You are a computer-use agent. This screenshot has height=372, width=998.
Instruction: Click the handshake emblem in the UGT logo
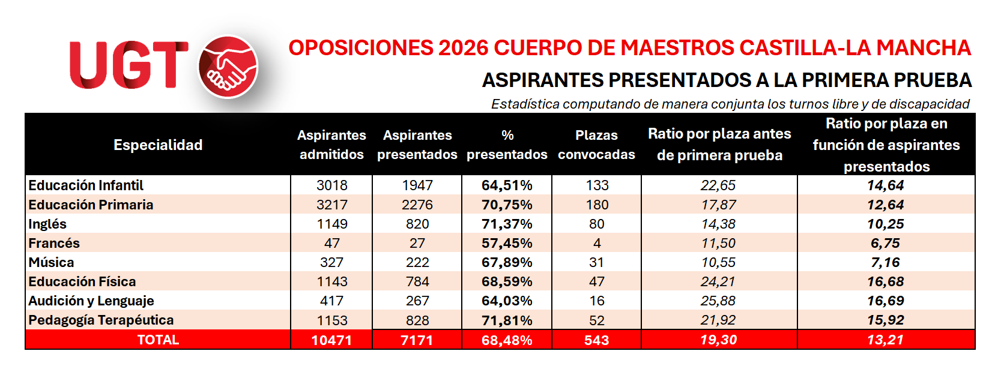[x=228, y=67]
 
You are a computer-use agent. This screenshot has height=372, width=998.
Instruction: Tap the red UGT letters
[x=129, y=65]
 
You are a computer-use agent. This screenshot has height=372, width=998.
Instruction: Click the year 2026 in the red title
[x=464, y=48]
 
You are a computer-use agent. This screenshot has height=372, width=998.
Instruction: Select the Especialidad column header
[x=158, y=145]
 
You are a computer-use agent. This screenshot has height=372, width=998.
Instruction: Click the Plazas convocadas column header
[x=596, y=145]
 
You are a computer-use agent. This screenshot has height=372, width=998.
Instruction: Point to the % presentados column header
[x=507, y=145]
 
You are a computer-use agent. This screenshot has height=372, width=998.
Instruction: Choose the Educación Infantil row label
[x=86, y=185]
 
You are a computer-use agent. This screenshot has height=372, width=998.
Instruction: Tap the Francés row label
[x=54, y=243]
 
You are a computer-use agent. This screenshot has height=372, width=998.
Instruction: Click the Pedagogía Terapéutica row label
[x=101, y=320]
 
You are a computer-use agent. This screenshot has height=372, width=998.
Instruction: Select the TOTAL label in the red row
[x=158, y=340]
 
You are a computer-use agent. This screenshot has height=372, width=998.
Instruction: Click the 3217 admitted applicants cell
[x=332, y=205]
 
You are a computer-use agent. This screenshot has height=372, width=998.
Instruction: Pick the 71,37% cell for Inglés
[x=507, y=224]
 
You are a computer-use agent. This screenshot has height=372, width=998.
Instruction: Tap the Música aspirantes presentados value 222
[x=417, y=263]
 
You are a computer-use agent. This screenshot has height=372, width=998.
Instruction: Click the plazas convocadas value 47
[x=597, y=281]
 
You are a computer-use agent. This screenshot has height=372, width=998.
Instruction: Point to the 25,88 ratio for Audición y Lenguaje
[x=718, y=301]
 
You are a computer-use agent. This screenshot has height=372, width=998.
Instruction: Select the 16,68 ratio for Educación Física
[x=886, y=281]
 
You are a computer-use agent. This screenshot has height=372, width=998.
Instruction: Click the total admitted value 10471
[x=332, y=340]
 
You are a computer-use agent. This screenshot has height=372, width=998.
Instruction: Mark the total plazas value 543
[x=596, y=340]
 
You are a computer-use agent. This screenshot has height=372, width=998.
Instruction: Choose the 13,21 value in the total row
[x=886, y=340]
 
